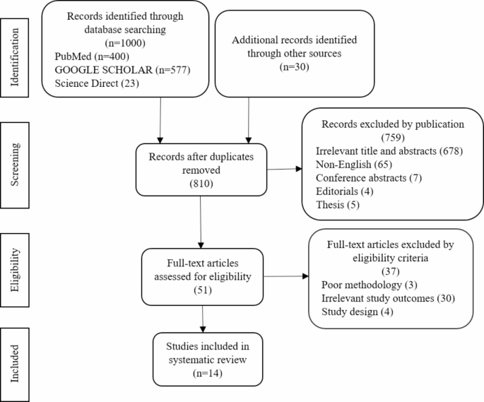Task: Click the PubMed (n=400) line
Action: coord(89,55)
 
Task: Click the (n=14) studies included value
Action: coord(203,374)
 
